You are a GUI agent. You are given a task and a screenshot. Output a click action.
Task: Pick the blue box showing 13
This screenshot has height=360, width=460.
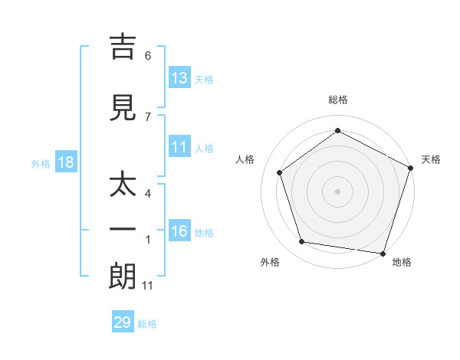click(179, 78)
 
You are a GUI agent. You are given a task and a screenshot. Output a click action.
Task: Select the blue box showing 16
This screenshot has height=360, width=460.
click(179, 231)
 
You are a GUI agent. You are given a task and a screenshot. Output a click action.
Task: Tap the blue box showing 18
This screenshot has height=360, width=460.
click(65, 162)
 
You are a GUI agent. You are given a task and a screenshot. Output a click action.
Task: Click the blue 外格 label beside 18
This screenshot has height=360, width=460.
click(41, 163)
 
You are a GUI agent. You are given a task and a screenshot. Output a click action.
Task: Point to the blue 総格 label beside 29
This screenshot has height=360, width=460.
click(148, 324)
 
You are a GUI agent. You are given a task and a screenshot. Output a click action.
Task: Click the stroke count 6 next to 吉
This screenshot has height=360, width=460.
click(148, 56)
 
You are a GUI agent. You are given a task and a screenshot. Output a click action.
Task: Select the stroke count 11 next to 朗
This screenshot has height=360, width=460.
click(149, 286)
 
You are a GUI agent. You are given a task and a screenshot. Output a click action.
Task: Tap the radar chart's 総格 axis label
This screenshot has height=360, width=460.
click(337, 100)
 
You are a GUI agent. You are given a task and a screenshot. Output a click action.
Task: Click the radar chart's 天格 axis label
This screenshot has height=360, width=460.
click(431, 159)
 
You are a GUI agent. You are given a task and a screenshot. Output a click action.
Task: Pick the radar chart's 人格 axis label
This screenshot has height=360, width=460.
click(245, 159)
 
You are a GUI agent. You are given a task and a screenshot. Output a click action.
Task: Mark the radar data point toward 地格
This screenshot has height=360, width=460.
click(383, 253)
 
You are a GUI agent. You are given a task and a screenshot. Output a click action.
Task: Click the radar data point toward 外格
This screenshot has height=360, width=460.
click(302, 242)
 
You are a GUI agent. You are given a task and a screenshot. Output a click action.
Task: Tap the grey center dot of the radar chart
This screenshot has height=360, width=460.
click(337, 191)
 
